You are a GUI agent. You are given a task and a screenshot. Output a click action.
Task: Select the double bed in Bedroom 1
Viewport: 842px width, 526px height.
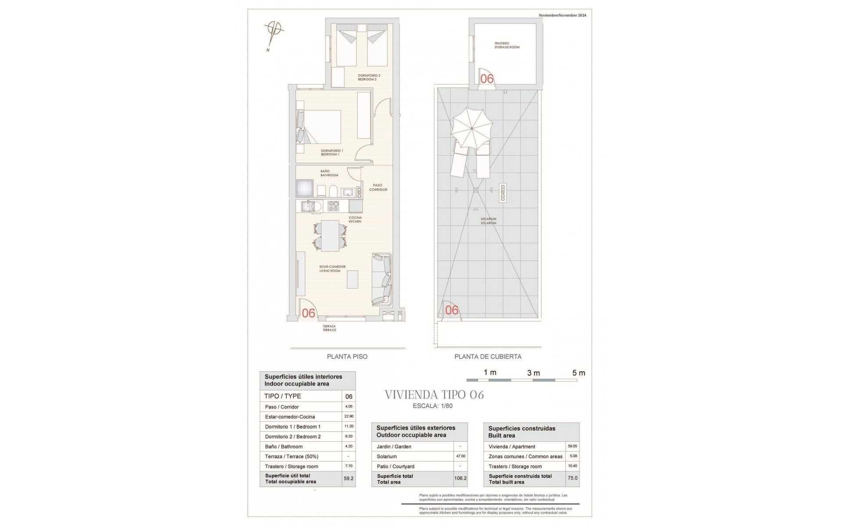click(322, 127)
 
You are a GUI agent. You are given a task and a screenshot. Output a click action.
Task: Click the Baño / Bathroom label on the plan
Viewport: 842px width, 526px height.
click(329, 173)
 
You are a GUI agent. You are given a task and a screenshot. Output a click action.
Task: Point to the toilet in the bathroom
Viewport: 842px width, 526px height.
click(333, 191)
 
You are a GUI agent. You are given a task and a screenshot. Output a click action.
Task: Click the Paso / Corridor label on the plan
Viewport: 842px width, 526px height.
click(378, 188)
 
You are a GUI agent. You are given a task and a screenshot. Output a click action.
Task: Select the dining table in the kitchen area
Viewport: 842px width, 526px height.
click(330, 235)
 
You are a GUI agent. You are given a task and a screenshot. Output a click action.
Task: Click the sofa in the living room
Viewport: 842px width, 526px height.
click(382, 279)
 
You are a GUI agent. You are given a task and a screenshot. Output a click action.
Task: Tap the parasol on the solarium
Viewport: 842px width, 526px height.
click(471, 128)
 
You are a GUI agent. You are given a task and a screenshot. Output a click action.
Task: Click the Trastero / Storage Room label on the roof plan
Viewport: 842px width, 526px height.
click(507, 45)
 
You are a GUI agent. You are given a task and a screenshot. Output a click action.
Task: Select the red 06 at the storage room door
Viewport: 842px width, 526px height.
click(487, 78)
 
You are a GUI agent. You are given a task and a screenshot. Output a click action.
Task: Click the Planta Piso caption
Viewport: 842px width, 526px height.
click(347, 357)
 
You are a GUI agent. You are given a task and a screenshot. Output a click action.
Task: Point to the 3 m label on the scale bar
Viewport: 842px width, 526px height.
click(533, 373)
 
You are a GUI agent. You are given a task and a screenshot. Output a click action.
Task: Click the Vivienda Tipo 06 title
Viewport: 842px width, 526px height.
click(434, 395)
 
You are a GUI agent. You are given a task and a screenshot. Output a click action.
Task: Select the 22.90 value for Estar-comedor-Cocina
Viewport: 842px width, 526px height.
click(349, 416)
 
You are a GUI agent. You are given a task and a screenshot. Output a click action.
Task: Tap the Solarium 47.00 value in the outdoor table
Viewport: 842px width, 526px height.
click(460, 456)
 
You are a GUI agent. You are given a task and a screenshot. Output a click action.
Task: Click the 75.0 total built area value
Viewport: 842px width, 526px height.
click(572, 479)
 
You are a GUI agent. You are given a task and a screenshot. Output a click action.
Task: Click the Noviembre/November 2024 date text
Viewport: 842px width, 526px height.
click(562, 15)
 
